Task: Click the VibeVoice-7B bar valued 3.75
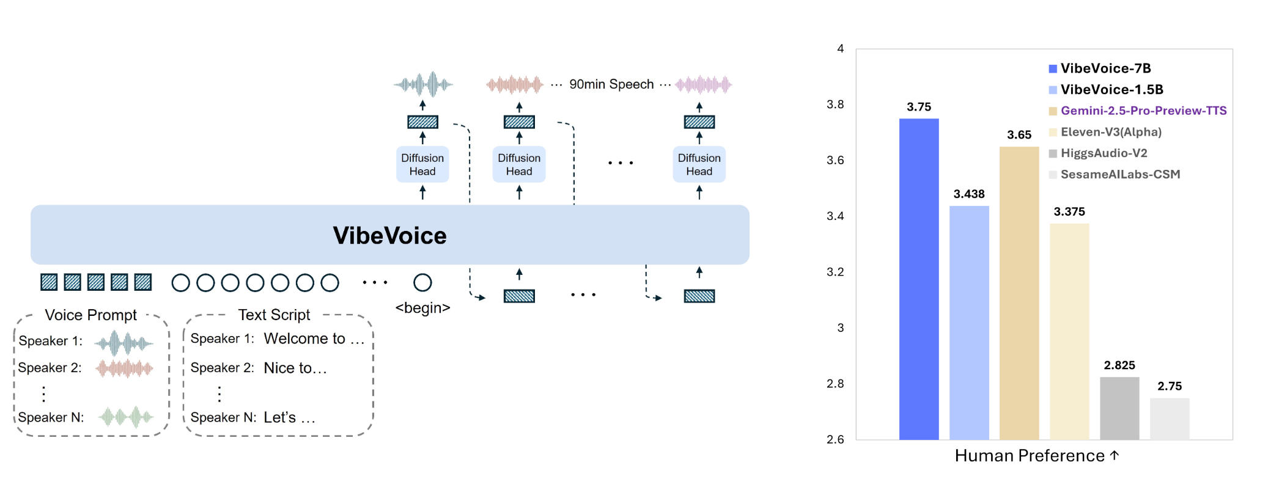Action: pos(918,279)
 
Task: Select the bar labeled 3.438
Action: pos(968,323)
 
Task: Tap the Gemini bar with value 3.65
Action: pos(1019,293)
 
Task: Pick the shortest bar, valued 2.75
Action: pos(1169,419)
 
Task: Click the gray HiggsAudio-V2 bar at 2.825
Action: pos(1119,408)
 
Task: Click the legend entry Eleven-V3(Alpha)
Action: pos(1111,132)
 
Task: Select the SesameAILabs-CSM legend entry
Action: pos(1120,174)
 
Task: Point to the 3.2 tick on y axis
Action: pos(835,272)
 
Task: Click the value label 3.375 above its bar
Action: pos(1069,211)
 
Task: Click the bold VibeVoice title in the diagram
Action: pos(389,235)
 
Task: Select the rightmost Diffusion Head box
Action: pos(699,164)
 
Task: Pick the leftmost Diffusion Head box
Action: pos(422,164)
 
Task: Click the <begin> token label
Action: pos(422,308)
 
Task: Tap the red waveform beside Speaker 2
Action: pos(124,368)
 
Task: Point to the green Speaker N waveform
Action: pos(126,417)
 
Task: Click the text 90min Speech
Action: pos(611,84)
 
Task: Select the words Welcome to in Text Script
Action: pos(304,338)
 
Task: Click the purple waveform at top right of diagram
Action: pos(703,84)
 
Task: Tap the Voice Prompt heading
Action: pos(90,315)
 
